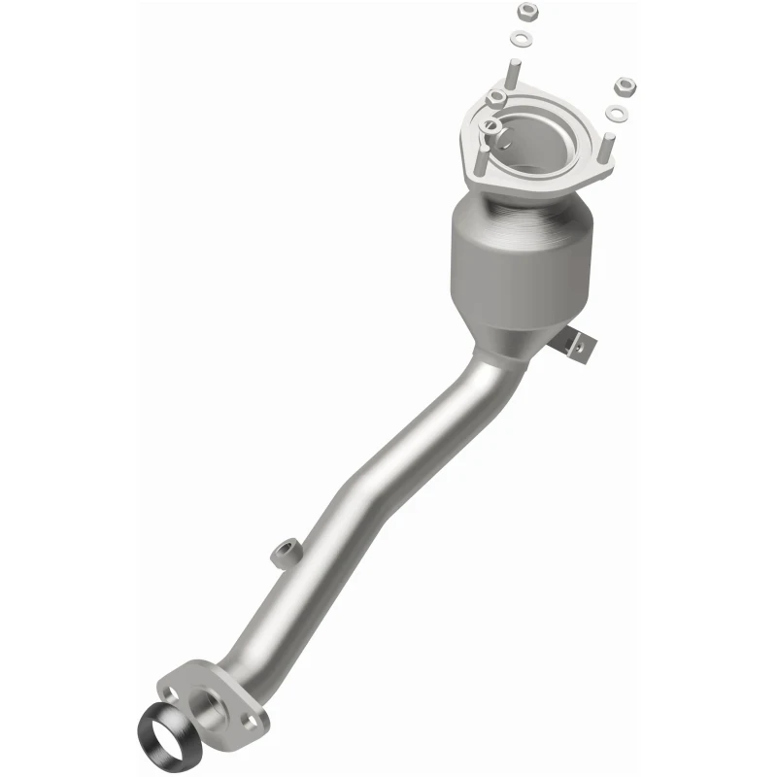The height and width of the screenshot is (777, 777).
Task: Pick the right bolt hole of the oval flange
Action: [x=257, y=721]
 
